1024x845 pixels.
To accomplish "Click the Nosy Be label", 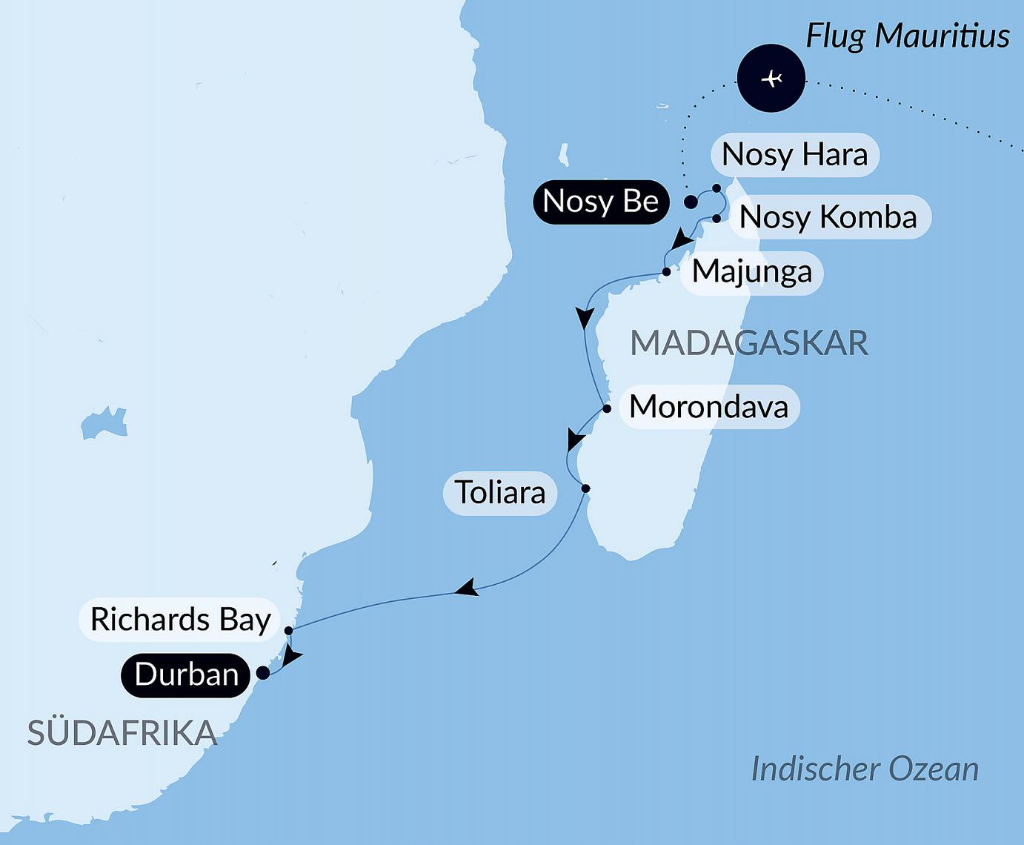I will point(600,202).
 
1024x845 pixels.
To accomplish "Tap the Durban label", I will point(186,675).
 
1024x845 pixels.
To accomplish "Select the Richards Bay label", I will point(180,620).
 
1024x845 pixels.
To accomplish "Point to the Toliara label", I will point(500,493).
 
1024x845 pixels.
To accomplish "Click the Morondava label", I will point(709,407).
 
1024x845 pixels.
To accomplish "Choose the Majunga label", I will point(751,272).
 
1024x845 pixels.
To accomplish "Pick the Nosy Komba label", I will point(828,217).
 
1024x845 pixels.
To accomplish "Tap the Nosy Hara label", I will point(794,155).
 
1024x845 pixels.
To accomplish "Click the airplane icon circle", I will point(771,79).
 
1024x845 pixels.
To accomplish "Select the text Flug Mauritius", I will point(907,36).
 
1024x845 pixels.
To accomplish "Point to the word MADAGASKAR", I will point(748,343).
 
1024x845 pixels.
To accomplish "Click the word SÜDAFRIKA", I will point(122,733).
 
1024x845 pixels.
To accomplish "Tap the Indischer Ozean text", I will point(865,769).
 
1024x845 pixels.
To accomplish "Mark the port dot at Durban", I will point(262,673).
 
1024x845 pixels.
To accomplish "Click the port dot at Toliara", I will point(585,488).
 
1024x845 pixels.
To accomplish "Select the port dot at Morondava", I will point(607,408).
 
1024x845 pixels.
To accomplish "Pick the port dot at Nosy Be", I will point(691,202).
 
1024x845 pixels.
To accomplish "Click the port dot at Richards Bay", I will point(288,631).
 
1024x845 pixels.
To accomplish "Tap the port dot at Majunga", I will point(666,272).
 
